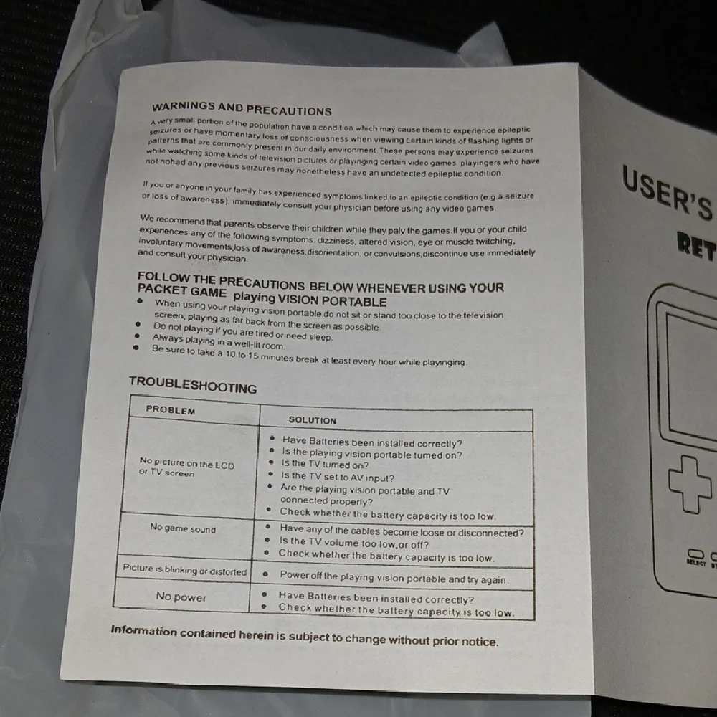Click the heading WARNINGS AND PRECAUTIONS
point(242,109)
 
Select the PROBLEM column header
point(171,409)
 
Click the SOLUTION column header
point(313,419)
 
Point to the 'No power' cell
point(181,597)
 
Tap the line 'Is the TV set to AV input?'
point(337,477)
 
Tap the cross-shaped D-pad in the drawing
point(690,484)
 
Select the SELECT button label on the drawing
point(696,562)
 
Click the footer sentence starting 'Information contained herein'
point(305,636)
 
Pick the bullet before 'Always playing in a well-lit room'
point(136,336)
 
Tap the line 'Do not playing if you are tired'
point(242,332)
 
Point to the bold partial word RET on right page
point(696,247)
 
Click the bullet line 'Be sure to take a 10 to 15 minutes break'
point(309,356)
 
